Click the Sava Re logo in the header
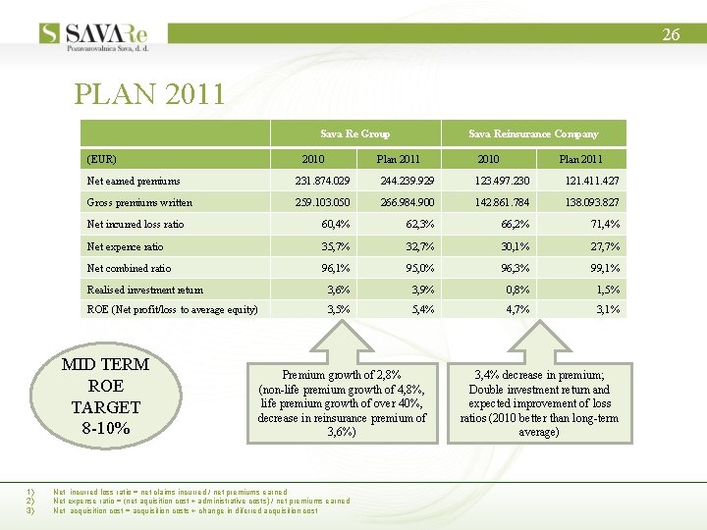pos(102,33)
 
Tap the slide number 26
pos(671,34)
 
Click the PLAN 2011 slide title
pos(150,94)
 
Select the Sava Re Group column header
pos(354,133)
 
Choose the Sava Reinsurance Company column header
pos(533,133)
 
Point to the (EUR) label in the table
pos(102,159)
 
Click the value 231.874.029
pos(323,181)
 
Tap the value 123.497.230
pos(501,181)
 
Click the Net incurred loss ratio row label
pos(136,225)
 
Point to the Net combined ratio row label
pos(129,268)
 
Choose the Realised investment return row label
pos(145,290)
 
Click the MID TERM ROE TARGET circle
pos(106,397)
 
